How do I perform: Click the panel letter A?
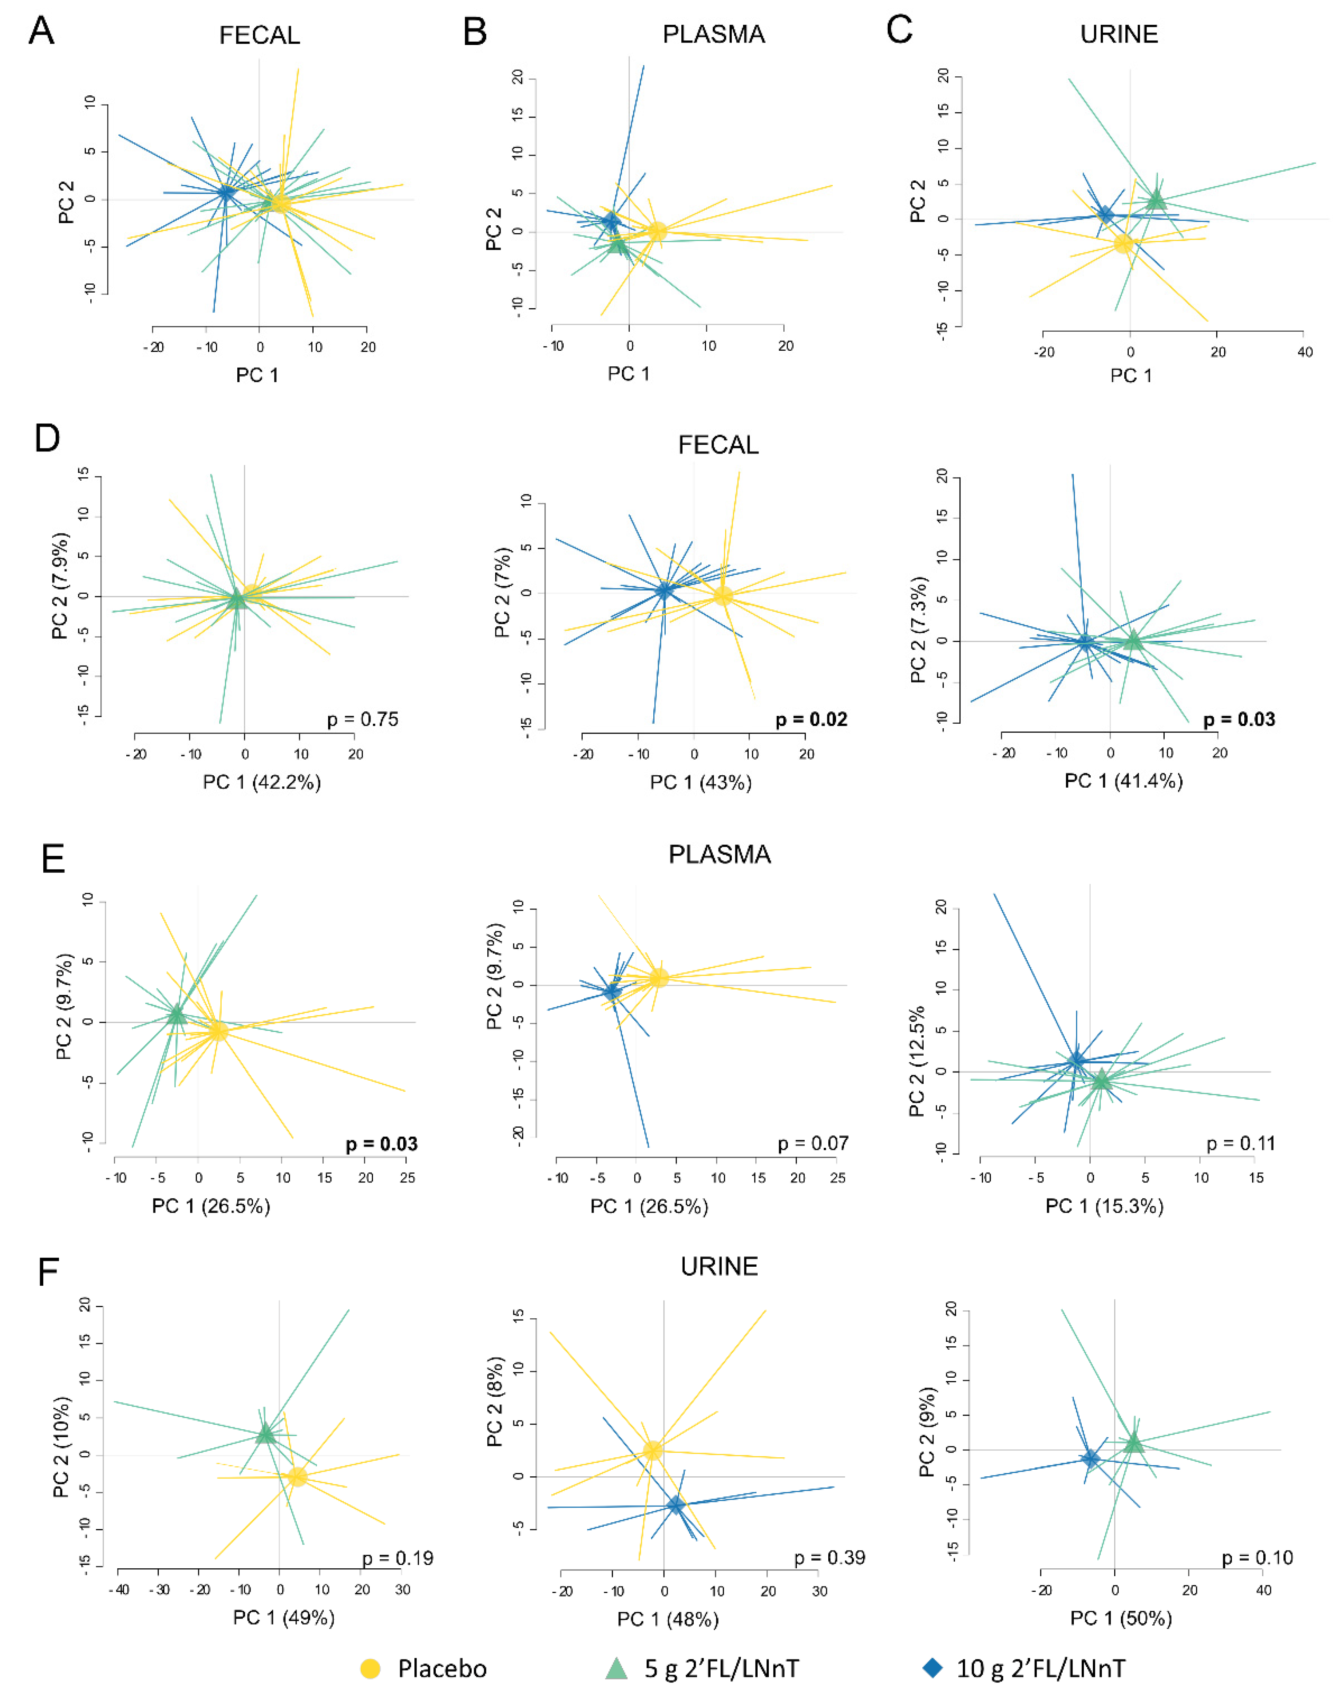pyautogui.click(x=41, y=32)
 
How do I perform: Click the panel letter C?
pyautogui.click(x=899, y=31)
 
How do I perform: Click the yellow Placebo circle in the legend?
pyautogui.click(x=370, y=1669)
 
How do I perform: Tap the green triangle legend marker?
pyautogui.click(x=617, y=1669)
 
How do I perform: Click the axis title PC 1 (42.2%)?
pyautogui.click(x=262, y=782)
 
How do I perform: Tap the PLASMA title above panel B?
pyautogui.click(x=713, y=34)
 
